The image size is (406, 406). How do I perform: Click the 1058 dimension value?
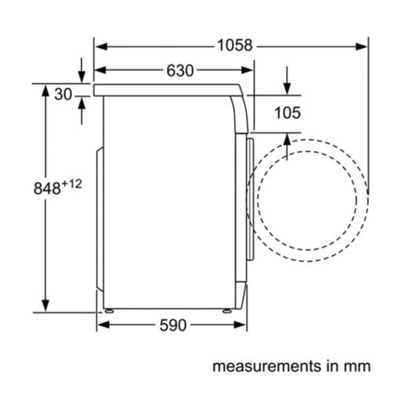point(234,45)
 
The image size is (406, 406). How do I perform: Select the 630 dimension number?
point(180,71)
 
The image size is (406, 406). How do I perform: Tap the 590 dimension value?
point(173,325)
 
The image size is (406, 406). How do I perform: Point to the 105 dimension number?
point(287,113)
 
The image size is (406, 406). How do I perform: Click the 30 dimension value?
point(63,94)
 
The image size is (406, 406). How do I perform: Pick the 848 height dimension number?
point(47,188)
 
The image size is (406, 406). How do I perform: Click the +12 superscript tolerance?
point(72,184)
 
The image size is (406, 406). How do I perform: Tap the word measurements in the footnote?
point(267,366)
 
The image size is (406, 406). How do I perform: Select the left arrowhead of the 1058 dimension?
point(101,47)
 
